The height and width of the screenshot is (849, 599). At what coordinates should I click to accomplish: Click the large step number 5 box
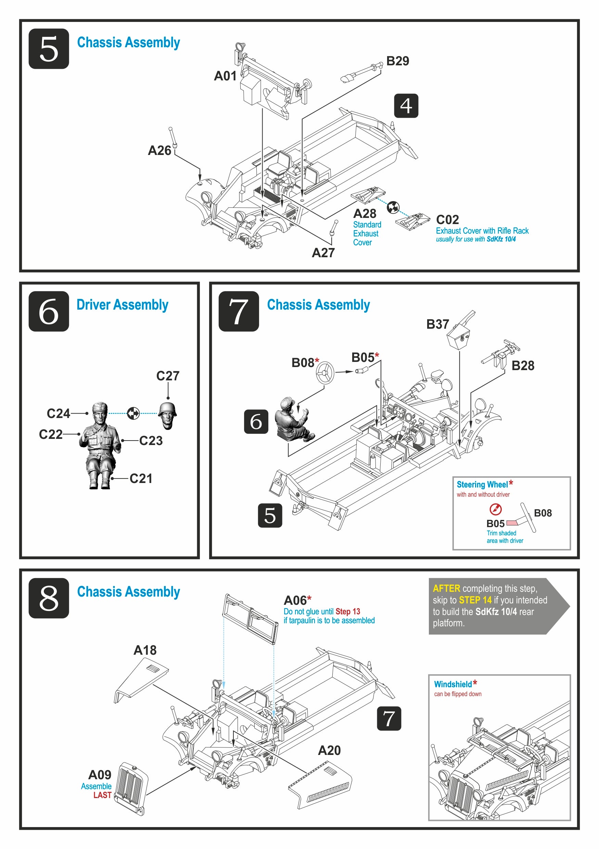point(49,49)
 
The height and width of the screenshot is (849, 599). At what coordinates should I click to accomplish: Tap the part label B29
point(397,61)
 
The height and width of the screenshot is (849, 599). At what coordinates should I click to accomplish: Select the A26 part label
point(160,151)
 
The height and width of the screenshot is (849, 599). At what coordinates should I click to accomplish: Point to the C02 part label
point(447,220)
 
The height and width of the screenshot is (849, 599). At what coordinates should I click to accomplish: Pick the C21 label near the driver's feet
point(141,479)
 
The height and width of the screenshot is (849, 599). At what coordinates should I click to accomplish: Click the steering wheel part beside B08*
point(325,373)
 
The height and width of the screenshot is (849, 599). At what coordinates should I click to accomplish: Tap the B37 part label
point(437,324)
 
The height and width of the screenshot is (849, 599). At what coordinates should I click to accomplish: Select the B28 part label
point(523,366)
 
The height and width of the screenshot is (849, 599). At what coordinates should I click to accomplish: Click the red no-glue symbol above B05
point(495,510)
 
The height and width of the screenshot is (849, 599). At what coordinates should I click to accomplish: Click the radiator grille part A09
point(131,789)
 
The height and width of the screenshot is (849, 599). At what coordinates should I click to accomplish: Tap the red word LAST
point(102,795)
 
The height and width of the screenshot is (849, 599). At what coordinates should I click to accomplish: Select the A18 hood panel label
point(145,650)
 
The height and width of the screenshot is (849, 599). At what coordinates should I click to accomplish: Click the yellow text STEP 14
point(475,600)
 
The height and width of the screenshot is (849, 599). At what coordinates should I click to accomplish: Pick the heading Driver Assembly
point(123,305)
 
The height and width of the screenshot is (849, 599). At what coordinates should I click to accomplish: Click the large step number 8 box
point(49,598)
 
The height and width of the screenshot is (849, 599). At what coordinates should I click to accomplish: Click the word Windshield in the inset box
point(453,684)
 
